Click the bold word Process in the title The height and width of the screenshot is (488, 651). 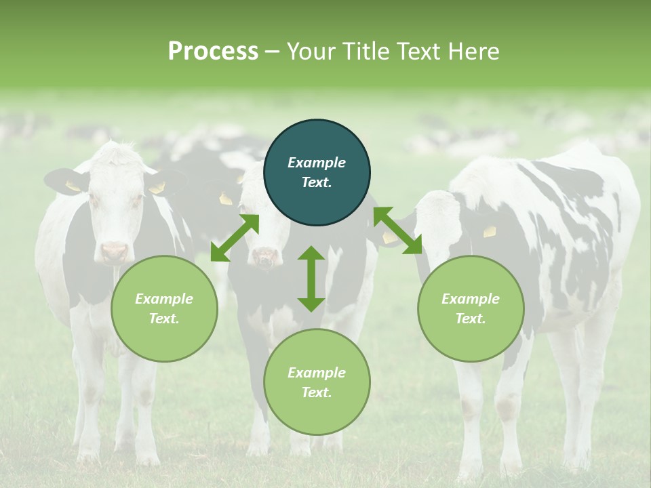(x=213, y=52)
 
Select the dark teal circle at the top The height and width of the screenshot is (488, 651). (x=317, y=173)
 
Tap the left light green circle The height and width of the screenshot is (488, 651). (x=164, y=308)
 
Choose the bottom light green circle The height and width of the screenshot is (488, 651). (x=317, y=382)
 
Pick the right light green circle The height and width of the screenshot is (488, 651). (x=470, y=308)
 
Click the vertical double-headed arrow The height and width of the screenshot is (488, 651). (x=311, y=279)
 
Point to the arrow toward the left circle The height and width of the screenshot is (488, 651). (x=235, y=238)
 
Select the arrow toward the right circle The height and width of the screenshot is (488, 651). (x=397, y=230)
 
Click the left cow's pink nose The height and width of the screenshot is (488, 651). (x=114, y=252)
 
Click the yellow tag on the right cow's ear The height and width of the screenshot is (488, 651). (x=489, y=232)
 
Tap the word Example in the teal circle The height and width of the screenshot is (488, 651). (x=317, y=163)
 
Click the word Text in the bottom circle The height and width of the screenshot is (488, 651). (x=317, y=392)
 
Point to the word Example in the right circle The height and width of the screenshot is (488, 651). (x=470, y=299)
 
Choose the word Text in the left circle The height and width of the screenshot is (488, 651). (x=164, y=319)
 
